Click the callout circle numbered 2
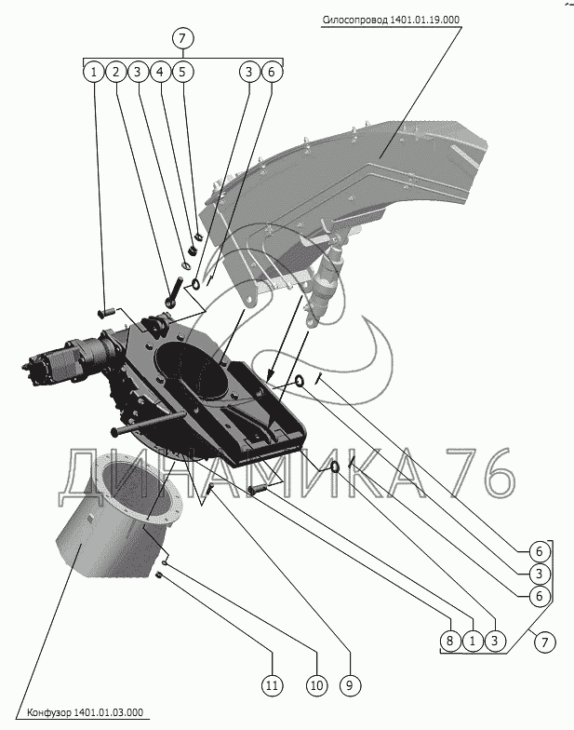coord(114,71)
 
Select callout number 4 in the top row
coord(160,71)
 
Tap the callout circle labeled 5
coord(182,71)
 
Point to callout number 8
coord(450,641)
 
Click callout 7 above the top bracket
coord(182,38)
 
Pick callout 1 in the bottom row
coord(473,641)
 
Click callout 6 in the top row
coord(272,71)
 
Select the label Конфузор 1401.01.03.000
coord(85,712)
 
